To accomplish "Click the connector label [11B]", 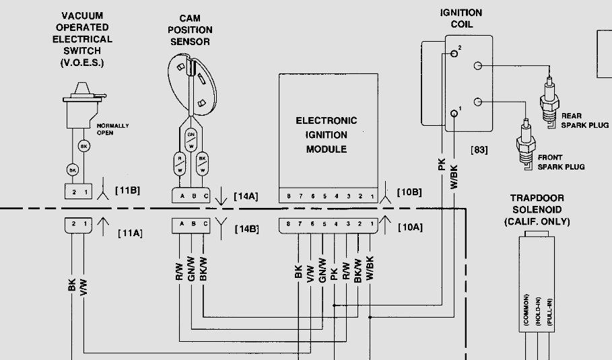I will [127, 190].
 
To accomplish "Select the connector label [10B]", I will [409, 192].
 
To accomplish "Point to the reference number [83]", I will [479, 149].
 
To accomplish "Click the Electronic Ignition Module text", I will [327, 135].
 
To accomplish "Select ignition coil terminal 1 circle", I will [455, 114].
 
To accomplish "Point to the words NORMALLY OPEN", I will [112, 129].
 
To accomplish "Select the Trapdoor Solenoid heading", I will [537, 210].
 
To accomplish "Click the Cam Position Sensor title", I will [195, 30].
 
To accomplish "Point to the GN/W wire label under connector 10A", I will [322, 271].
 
